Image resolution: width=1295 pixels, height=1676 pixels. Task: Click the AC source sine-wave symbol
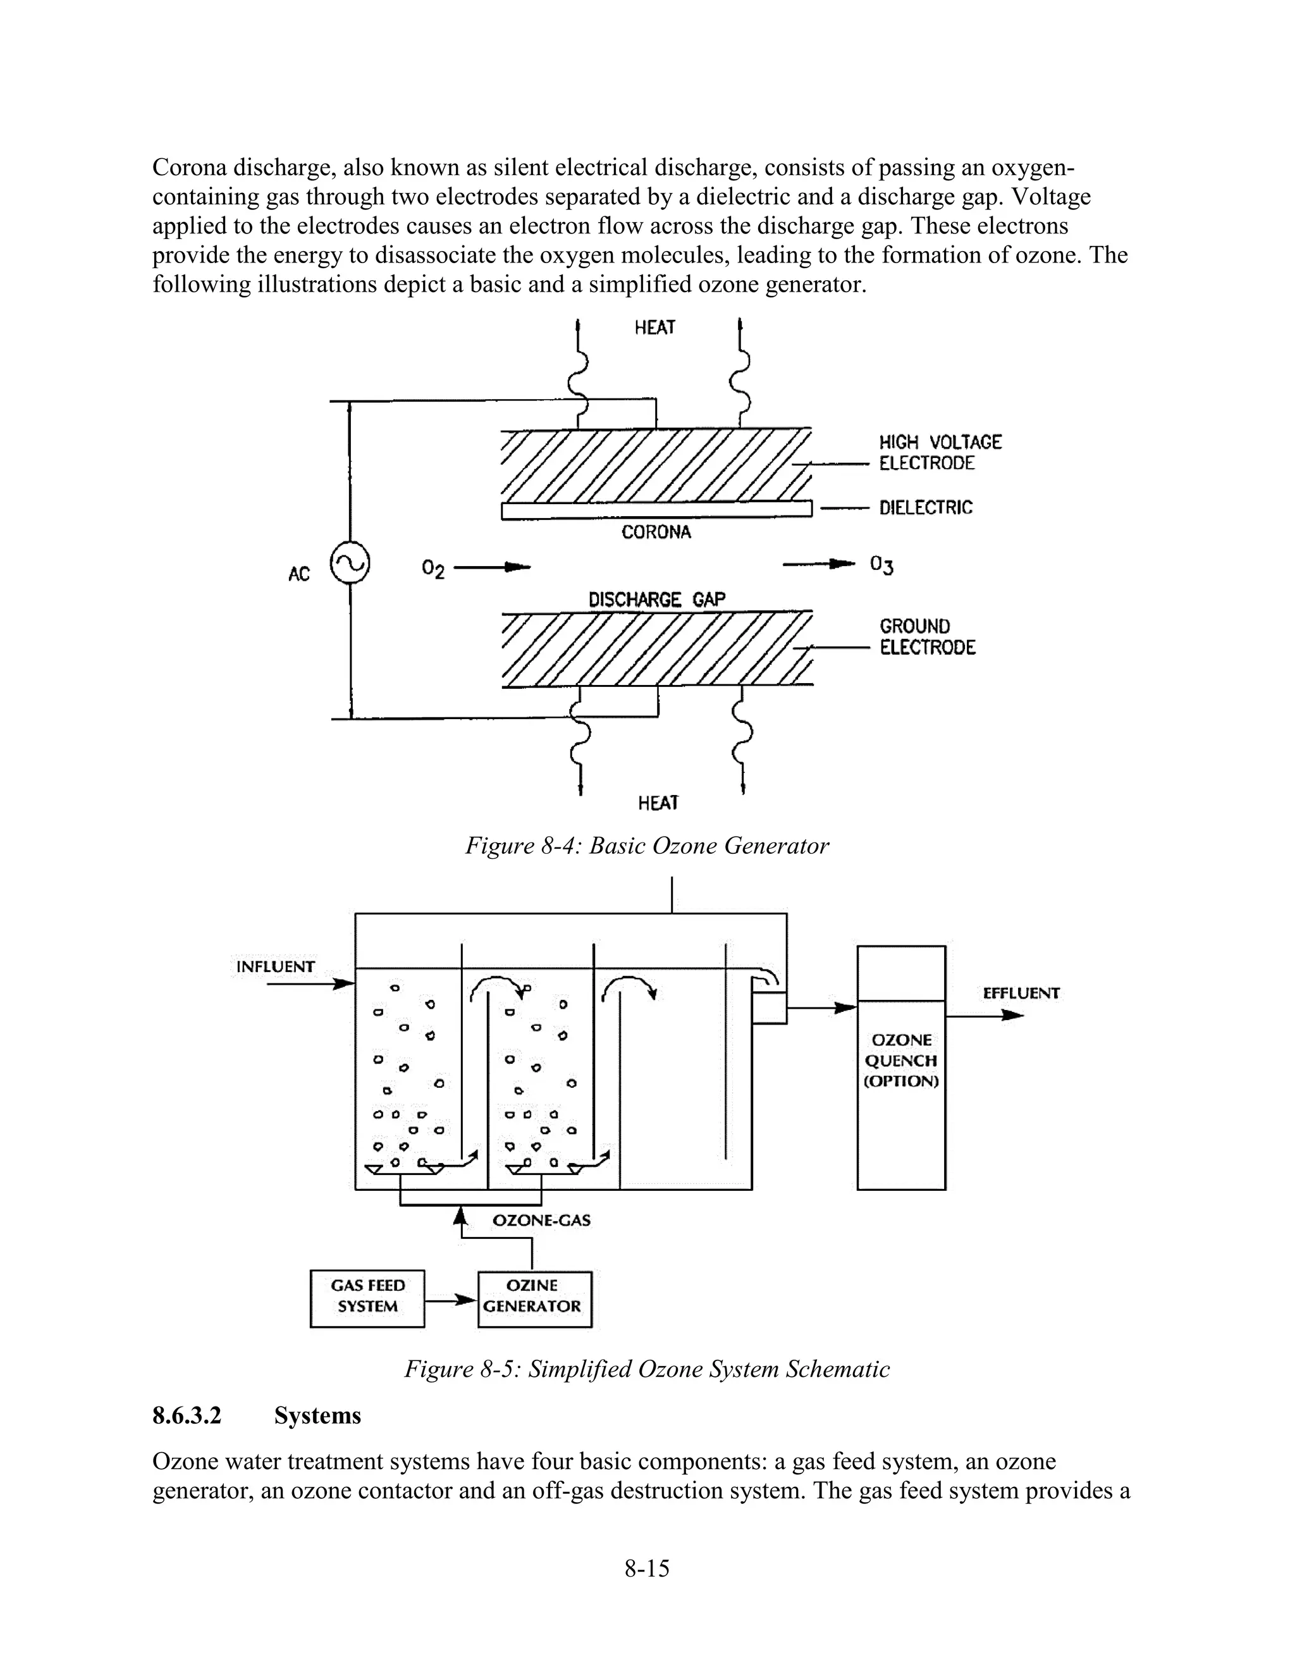[350, 564]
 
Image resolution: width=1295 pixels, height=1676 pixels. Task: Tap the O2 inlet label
[433, 569]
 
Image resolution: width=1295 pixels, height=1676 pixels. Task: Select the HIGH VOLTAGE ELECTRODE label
[940, 453]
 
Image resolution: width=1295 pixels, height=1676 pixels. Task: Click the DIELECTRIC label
[925, 507]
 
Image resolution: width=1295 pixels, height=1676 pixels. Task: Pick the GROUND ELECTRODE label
[927, 637]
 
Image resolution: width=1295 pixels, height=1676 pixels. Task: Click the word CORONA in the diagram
[656, 533]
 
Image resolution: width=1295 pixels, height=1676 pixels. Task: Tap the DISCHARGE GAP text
[657, 600]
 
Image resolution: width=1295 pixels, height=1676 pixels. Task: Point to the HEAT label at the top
[654, 328]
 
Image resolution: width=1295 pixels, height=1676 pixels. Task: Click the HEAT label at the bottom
[658, 803]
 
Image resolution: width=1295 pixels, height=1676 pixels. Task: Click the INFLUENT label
[276, 967]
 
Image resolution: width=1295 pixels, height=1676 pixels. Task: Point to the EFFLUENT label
[1021, 993]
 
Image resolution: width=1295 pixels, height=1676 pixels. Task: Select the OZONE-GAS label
[541, 1220]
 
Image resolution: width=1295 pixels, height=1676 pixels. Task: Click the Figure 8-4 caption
[647, 846]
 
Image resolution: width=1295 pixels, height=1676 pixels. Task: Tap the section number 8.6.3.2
[187, 1415]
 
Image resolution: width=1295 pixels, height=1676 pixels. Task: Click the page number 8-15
[647, 1568]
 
